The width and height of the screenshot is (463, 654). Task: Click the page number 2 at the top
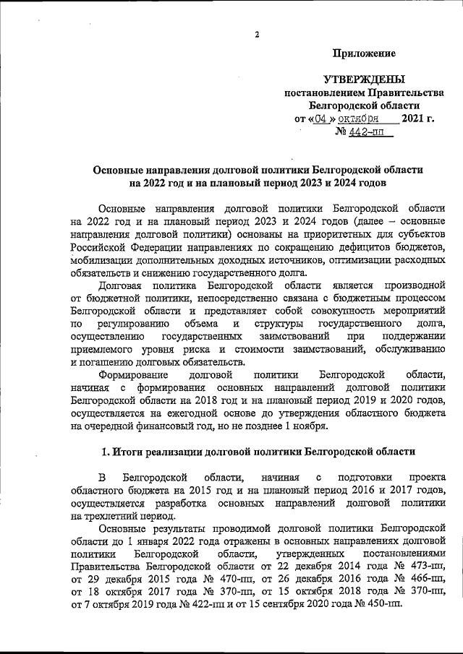pos(257,35)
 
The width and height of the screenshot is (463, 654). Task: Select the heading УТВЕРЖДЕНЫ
pos(364,79)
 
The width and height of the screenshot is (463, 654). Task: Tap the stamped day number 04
pos(321,119)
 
